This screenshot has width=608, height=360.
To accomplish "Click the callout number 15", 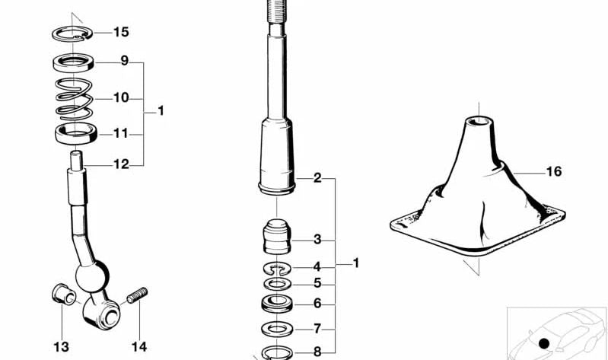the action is click(x=121, y=32).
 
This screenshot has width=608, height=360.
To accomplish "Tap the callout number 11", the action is click(x=120, y=133).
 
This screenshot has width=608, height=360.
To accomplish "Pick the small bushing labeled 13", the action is click(x=65, y=295).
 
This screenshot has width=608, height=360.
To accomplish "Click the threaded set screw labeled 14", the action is click(x=137, y=295).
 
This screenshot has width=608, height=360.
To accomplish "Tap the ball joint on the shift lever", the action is click(x=92, y=276).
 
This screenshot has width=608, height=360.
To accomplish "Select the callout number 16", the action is click(x=554, y=171).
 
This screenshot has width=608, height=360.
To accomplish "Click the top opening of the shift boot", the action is click(x=479, y=120).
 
